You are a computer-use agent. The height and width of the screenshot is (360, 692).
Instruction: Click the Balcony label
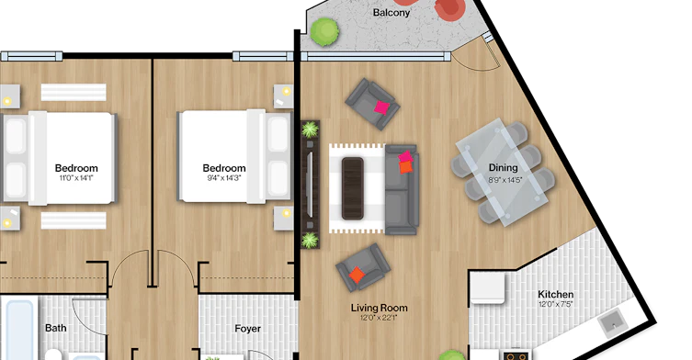click(391, 12)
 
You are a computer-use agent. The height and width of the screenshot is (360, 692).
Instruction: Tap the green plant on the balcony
click(324, 32)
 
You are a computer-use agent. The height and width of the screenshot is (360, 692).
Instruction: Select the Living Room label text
click(380, 308)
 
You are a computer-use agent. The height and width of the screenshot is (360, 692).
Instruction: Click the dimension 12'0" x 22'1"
click(380, 318)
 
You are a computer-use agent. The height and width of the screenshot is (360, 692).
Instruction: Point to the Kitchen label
click(556, 294)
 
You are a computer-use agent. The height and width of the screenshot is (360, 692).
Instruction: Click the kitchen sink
click(614, 323)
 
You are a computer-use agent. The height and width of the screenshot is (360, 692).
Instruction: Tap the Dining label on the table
click(503, 168)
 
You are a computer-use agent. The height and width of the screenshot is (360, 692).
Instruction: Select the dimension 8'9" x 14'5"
click(505, 180)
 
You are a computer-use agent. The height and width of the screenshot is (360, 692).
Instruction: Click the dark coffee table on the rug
click(353, 188)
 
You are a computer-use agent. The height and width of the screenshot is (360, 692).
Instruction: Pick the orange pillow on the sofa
click(405, 167)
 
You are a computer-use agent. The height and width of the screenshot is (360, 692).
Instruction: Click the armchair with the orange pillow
click(363, 267)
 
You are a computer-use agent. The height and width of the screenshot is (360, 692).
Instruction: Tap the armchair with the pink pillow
click(372, 104)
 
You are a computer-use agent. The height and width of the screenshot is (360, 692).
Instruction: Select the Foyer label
click(247, 329)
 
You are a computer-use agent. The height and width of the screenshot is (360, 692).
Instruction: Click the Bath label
click(56, 328)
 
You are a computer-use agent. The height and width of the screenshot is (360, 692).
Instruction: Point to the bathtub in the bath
click(19, 329)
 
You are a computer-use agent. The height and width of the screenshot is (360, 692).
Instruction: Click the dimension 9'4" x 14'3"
click(224, 178)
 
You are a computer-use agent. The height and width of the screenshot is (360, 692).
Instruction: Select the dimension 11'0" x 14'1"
click(76, 178)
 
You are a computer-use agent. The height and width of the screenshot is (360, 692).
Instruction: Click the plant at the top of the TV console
click(311, 129)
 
